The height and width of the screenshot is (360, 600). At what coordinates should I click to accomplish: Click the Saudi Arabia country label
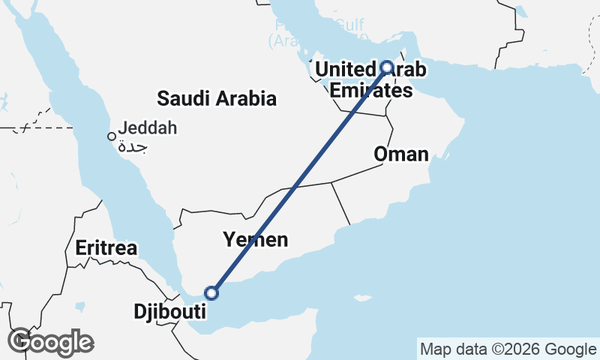pos(217,98)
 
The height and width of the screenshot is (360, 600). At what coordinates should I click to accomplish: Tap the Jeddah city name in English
pos(148,128)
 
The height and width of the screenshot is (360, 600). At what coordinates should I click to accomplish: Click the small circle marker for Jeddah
pos(111,136)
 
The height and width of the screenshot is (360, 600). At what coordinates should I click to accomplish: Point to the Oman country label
pos(401,155)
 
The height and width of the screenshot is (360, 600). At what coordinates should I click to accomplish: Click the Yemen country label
pos(255,240)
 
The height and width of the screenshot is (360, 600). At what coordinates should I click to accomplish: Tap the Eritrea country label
pos(106,248)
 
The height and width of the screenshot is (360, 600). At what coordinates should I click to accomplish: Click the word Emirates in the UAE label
pos(371,91)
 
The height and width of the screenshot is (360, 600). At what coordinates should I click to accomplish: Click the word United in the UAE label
pos(344,70)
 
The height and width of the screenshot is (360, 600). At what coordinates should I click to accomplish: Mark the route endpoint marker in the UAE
pos(387,67)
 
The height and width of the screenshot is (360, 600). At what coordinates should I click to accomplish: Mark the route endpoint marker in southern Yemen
pos(212,292)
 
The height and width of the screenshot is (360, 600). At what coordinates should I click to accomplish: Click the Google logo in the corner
pos(50,342)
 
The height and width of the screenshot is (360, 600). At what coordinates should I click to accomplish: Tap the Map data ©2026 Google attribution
pos(508,349)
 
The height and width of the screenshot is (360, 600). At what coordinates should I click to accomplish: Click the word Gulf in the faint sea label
pos(349,25)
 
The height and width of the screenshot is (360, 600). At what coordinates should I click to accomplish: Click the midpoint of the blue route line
pos(300,180)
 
